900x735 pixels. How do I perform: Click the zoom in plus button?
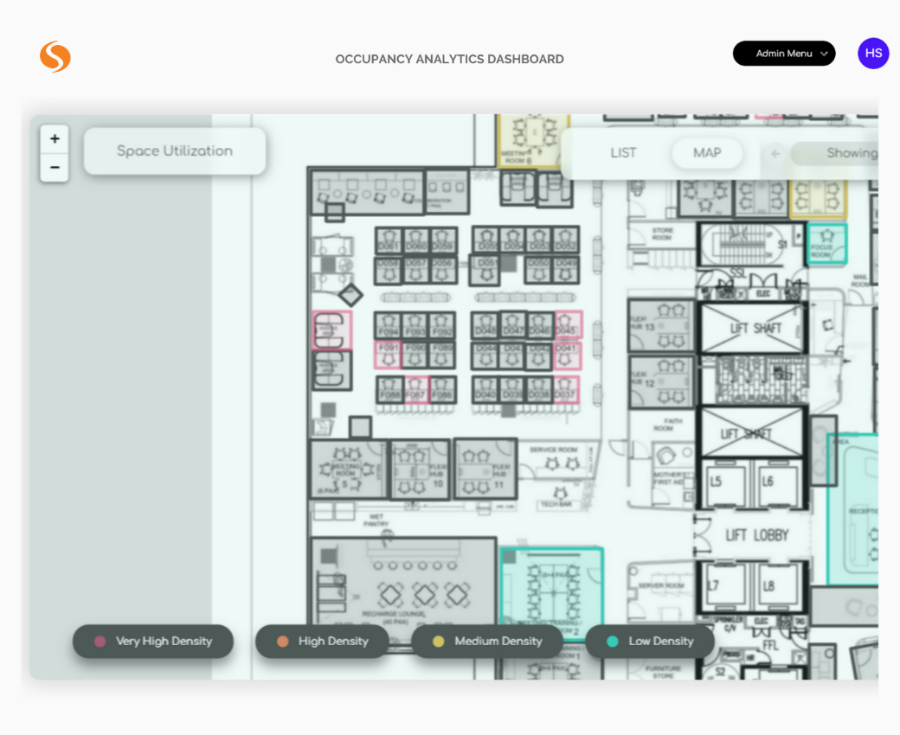coord(55,139)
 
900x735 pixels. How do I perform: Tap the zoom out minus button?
coord(55,167)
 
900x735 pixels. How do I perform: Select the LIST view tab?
coord(623,153)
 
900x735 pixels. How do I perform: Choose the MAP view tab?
coord(707,153)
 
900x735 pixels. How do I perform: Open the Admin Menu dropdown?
coord(784,54)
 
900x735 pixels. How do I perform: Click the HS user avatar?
coord(873,54)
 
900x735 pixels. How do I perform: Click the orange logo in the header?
coord(55,57)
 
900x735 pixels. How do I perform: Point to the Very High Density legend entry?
coord(153,642)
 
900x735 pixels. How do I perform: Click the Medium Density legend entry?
coord(486,642)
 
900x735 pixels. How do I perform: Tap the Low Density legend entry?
coord(650,642)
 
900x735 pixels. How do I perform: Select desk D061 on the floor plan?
coord(389,240)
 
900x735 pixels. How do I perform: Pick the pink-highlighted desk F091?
coord(389,354)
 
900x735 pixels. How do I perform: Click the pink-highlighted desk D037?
coord(566,388)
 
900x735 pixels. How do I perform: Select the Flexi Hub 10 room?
coord(421,470)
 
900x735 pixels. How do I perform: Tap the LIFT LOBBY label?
coord(756,536)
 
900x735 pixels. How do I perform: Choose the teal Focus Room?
coord(826,243)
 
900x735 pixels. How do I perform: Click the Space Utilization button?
coord(175,151)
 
